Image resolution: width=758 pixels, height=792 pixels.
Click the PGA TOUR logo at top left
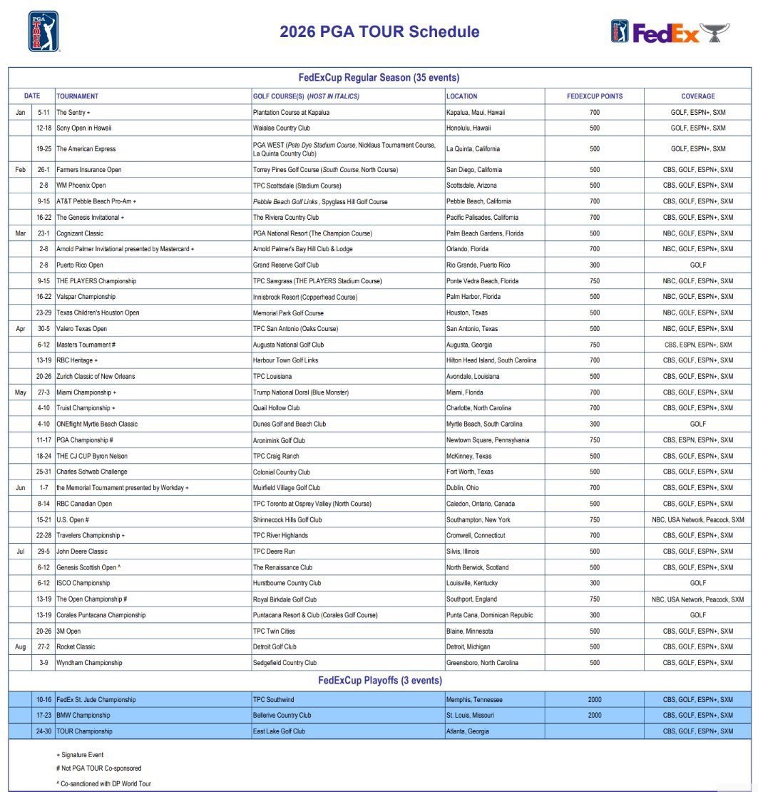pyautogui.click(x=43, y=32)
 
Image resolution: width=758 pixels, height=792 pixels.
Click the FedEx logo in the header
pyautogui.click(x=666, y=33)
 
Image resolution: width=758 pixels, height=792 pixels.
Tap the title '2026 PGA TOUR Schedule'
pyautogui.click(x=379, y=32)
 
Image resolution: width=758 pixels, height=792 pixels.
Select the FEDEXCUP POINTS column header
pyautogui.click(x=594, y=96)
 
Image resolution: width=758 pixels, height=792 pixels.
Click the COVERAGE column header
pyautogui.click(x=697, y=96)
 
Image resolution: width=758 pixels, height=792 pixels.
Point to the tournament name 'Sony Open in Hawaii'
pyautogui.click(x=84, y=128)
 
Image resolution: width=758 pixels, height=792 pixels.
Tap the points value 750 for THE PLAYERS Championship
pyautogui.click(x=594, y=281)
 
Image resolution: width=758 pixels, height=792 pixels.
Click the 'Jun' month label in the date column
pyautogui.click(x=20, y=488)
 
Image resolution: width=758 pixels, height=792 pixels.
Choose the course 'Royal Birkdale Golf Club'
pyautogui.click(x=285, y=600)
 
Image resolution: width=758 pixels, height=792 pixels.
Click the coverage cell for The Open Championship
pyautogui.click(x=697, y=600)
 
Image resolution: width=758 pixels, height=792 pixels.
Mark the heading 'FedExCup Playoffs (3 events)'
pyautogui.click(x=379, y=681)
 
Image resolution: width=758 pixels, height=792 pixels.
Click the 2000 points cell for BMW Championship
pyautogui.click(x=594, y=716)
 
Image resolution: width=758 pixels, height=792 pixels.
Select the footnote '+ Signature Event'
pyautogui.click(x=80, y=755)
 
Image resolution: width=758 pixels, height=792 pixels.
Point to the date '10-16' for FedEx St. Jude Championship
pyautogui.click(x=43, y=700)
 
